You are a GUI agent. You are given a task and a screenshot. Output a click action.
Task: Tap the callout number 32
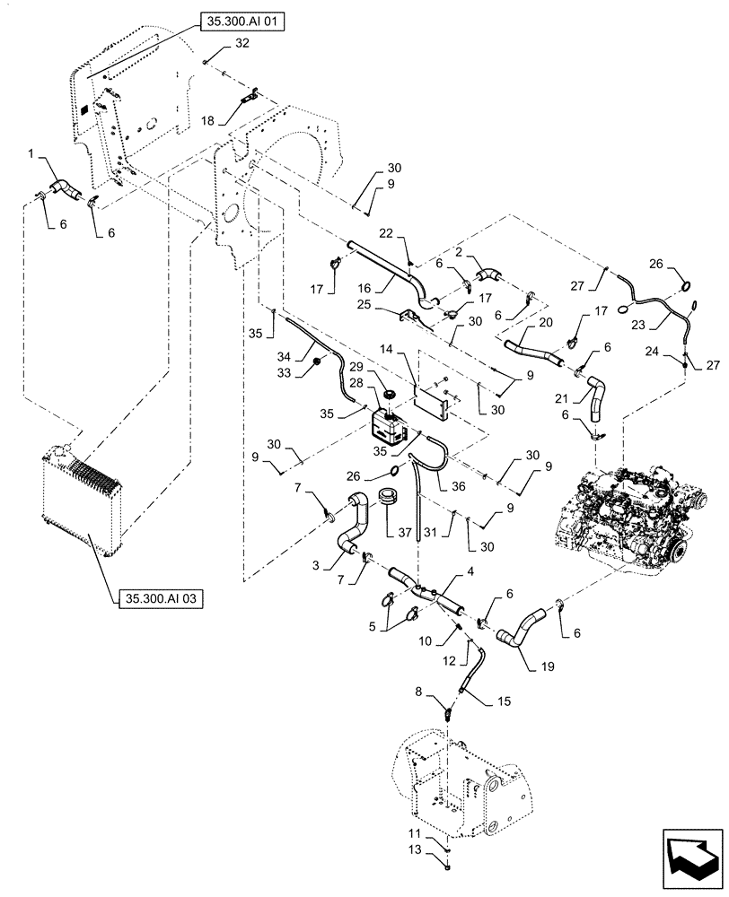pos(217,44)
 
